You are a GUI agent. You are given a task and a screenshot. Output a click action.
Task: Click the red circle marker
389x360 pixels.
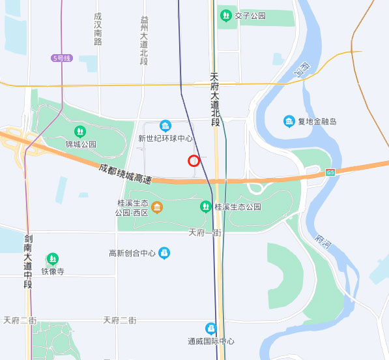(194, 160)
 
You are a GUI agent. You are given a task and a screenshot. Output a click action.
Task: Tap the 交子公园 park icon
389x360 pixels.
(225, 15)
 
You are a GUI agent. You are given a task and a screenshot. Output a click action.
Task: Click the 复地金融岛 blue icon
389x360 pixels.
(289, 121)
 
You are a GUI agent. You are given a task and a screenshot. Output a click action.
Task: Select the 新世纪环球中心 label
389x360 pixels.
(166, 138)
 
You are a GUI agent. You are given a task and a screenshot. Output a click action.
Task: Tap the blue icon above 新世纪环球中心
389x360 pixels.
(166, 125)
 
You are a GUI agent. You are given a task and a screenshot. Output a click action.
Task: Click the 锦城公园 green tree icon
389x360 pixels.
(80, 131)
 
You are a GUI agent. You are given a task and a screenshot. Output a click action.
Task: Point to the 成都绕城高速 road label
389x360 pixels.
(125, 173)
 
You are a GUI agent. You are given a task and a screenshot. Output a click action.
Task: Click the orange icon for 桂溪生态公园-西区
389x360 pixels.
(157, 207)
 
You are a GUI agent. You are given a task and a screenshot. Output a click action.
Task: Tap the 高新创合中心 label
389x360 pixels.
(133, 253)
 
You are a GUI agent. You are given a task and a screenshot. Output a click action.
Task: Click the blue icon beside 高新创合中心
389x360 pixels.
(164, 252)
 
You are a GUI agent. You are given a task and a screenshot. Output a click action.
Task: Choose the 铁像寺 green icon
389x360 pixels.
(53, 259)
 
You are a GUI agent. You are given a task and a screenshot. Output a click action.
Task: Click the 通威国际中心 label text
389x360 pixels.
(210, 341)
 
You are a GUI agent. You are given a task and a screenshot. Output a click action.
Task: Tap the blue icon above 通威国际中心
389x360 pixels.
(210, 328)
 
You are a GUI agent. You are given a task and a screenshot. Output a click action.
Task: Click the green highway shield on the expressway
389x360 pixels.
(330, 172)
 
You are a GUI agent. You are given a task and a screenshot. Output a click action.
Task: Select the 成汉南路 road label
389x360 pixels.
(98, 29)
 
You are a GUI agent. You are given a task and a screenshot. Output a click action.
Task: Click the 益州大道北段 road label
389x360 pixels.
(144, 40)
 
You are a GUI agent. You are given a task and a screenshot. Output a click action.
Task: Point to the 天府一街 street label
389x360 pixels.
(205, 232)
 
